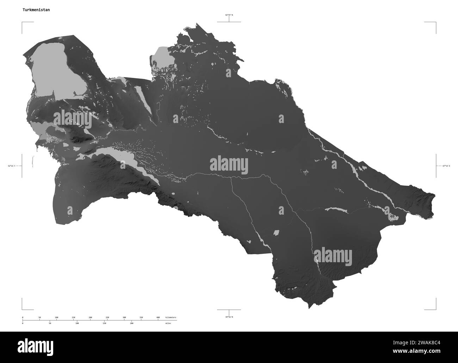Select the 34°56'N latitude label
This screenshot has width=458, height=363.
point(229,317)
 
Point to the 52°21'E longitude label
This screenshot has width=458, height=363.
point(13,166)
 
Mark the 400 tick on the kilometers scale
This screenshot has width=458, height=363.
point(158,318)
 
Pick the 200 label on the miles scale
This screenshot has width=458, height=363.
point(132,323)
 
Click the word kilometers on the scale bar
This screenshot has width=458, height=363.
point(171,318)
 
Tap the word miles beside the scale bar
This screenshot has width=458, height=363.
point(168,323)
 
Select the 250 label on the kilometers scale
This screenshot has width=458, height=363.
point(107,318)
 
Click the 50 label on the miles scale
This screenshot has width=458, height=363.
point(50,323)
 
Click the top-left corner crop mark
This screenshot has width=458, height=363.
point(23,22)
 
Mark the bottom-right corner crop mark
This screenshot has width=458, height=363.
point(436,309)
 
